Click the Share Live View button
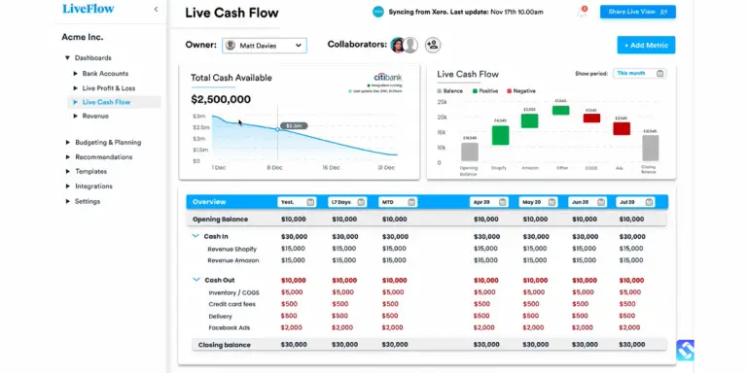point(638,12)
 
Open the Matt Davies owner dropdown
point(264,45)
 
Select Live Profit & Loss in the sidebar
point(109,87)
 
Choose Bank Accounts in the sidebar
point(105,73)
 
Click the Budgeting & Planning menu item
point(108,142)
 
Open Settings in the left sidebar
point(88,201)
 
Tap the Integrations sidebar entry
point(93,186)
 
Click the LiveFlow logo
point(87,9)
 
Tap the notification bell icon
point(583,13)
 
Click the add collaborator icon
point(433,45)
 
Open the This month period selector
point(640,73)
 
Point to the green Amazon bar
point(529,117)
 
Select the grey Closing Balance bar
point(650,147)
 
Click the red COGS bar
point(591,118)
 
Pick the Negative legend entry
point(521,90)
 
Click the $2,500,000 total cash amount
point(221,99)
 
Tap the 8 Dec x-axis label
point(276,167)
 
